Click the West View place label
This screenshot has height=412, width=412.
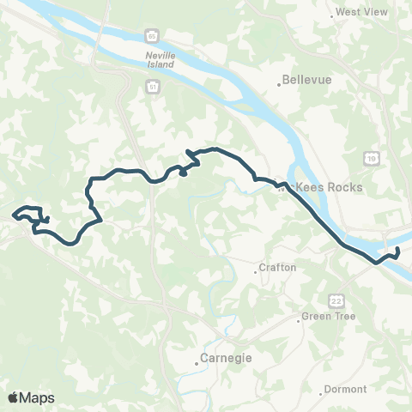(362, 12)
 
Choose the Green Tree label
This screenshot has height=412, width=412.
(324, 317)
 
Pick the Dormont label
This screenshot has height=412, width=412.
(347, 389)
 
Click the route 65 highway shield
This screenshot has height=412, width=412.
(151, 36)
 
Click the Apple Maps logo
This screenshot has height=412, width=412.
(31, 397)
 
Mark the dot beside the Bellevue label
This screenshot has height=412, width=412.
(280, 84)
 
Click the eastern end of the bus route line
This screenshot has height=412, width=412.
(397, 249)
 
